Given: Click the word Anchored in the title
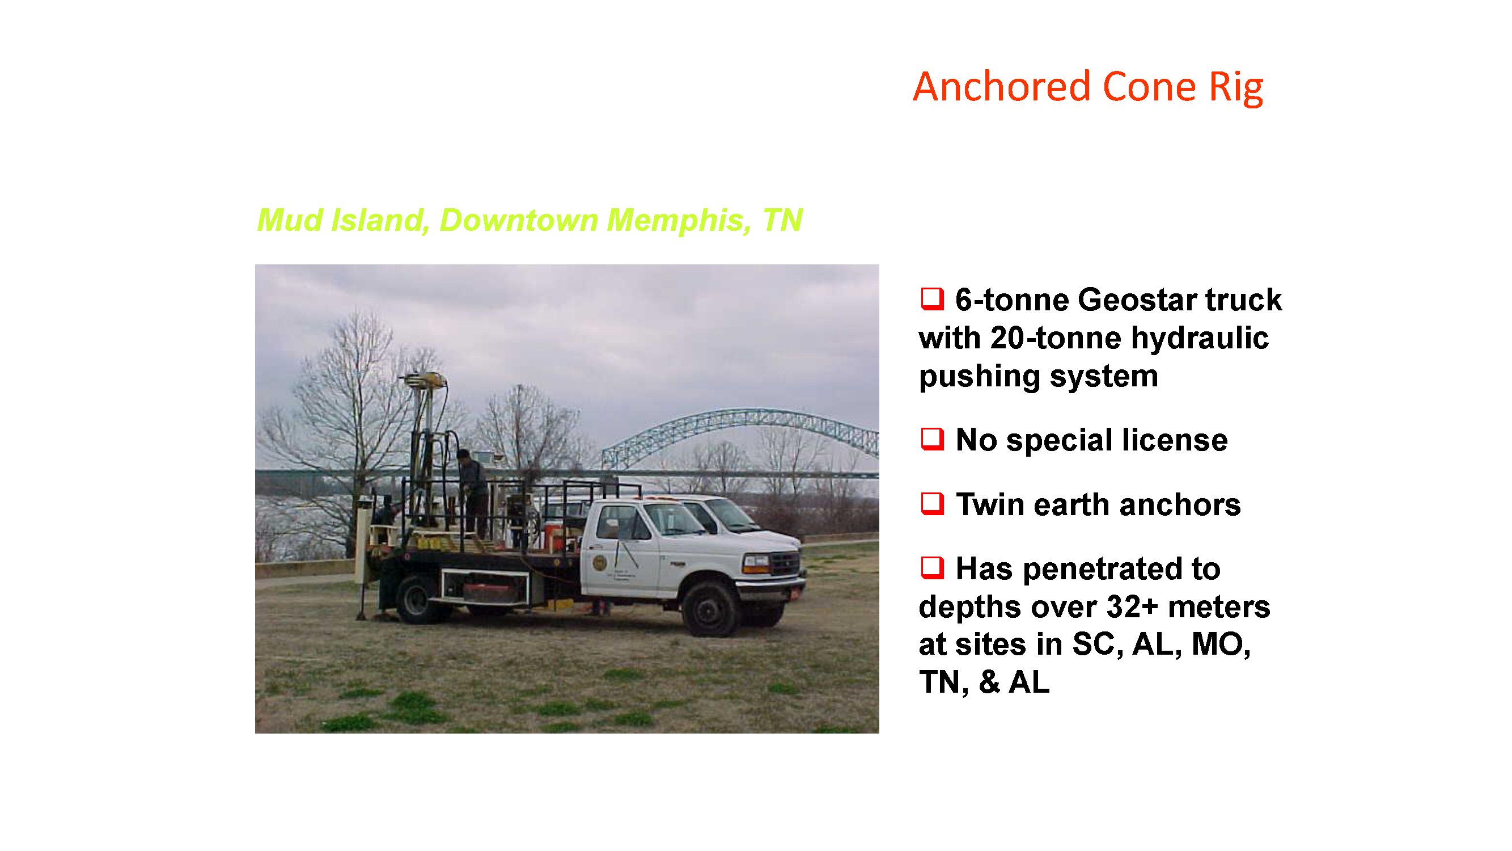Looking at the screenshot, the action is click(1001, 87).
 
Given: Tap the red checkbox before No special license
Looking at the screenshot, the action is click(932, 439).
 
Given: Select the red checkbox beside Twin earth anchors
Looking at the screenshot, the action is click(932, 503).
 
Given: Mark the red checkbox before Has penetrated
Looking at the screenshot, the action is click(932, 567).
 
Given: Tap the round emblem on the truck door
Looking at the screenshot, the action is click(599, 563).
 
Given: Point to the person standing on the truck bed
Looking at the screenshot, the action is click(473, 494).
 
